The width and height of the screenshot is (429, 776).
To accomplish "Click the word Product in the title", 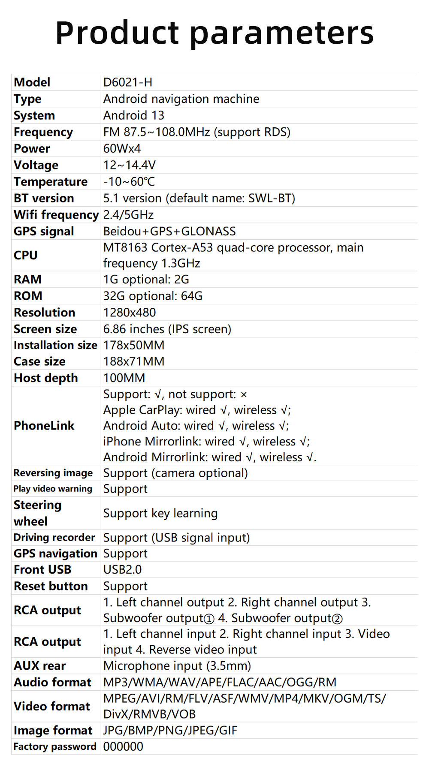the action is pos(117,33).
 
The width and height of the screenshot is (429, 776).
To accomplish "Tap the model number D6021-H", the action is pos(128,82).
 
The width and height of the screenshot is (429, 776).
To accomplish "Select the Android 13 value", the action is pos(133,115).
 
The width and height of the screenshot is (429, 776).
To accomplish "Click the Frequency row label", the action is pos(43,132).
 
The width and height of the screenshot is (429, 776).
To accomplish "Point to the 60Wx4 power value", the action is pos(122,148).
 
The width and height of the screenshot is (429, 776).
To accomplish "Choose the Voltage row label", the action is pos(36,165).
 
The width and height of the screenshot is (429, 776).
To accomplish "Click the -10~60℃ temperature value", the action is pos(129,182).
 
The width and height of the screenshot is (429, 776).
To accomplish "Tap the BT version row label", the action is pos(44,198).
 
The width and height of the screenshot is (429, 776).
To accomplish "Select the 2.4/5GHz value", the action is pos(128,215).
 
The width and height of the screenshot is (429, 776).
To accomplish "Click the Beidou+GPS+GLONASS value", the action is pos(169,232).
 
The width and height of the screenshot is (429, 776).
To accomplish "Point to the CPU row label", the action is pos(26,255).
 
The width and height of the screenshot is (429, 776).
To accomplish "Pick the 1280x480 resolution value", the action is pos(130,313).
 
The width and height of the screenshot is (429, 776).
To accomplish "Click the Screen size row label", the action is pos(45,329).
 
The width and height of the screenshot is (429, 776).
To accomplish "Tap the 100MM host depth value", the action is pos(124,378).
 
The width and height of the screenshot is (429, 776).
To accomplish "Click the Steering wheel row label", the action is pos(37,513).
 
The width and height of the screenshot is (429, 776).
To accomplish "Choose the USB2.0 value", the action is pos(122,569).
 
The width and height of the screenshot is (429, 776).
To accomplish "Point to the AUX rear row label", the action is pos(39,666).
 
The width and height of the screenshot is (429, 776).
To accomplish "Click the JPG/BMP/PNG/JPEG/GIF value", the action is pos(170,730).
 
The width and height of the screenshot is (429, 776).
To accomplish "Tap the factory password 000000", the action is pos(123,746).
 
